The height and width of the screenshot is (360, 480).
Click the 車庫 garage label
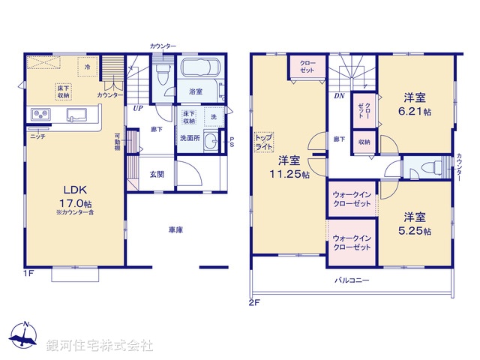[x=175, y=230]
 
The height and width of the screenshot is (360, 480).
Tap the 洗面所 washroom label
[x=188, y=138]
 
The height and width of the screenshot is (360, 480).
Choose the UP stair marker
[x=138, y=108]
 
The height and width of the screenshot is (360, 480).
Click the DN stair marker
[x=339, y=96]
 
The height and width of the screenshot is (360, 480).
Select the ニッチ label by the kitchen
[x=37, y=136]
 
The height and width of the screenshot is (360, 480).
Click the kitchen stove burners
[x=40, y=115]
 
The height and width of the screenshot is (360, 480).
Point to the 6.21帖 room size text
[x=416, y=112]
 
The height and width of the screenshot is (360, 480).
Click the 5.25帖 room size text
[x=416, y=231]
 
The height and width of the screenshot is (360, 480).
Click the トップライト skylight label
[x=264, y=142]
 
